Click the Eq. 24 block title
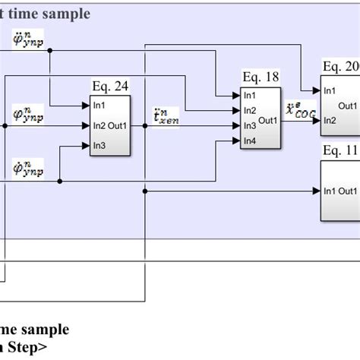(x=110, y=86)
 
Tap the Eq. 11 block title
(x=340, y=151)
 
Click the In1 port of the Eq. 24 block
(x=99, y=105)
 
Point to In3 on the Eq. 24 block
(x=99, y=145)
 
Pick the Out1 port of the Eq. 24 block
(x=119, y=125)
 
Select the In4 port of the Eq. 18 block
(x=250, y=142)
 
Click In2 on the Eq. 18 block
(x=250, y=110)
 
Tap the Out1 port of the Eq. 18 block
(x=269, y=119)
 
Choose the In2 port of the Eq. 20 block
(x=330, y=120)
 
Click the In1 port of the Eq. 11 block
(x=329, y=191)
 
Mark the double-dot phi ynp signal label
(x=28, y=39)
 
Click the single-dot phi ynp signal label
(x=28, y=115)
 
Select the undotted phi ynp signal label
(x=28, y=168)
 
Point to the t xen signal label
(x=160, y=115)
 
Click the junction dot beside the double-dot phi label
(x=50, y=50)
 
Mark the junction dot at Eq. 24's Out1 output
(x=144, y=125)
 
